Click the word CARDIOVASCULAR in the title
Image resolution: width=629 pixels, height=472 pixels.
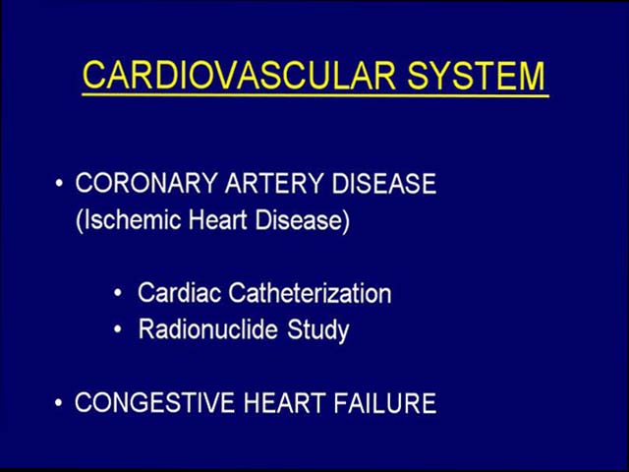[x=239, y=76]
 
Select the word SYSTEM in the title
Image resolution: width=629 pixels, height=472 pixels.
[x=476, y=76]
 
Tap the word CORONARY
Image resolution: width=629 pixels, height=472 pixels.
[x=146, y=183]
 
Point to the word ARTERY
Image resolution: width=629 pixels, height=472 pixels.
[x=273, y=183]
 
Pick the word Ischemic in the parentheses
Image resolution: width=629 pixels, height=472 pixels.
[x=129, y=220]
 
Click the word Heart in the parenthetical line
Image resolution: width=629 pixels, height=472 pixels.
[x=217, y=220]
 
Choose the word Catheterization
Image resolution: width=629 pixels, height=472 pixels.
[x=310, y=293]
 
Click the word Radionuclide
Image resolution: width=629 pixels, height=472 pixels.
[x=207, y=329]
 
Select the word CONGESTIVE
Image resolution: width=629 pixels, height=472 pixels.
[x=154, y=402]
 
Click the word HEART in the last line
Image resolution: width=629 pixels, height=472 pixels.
[x=284, y=402]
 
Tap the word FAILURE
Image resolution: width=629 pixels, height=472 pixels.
[x=384, y=402]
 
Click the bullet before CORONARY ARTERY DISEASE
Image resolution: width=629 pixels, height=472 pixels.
[x=59, y=184]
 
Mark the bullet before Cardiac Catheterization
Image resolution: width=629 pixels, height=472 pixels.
[x=118, y=293]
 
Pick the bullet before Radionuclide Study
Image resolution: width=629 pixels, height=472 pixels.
[x=118, y=329]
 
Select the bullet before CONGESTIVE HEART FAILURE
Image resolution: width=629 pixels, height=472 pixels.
[x=59, y=402]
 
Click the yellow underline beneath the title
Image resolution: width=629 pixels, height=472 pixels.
[x=315, y=95]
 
